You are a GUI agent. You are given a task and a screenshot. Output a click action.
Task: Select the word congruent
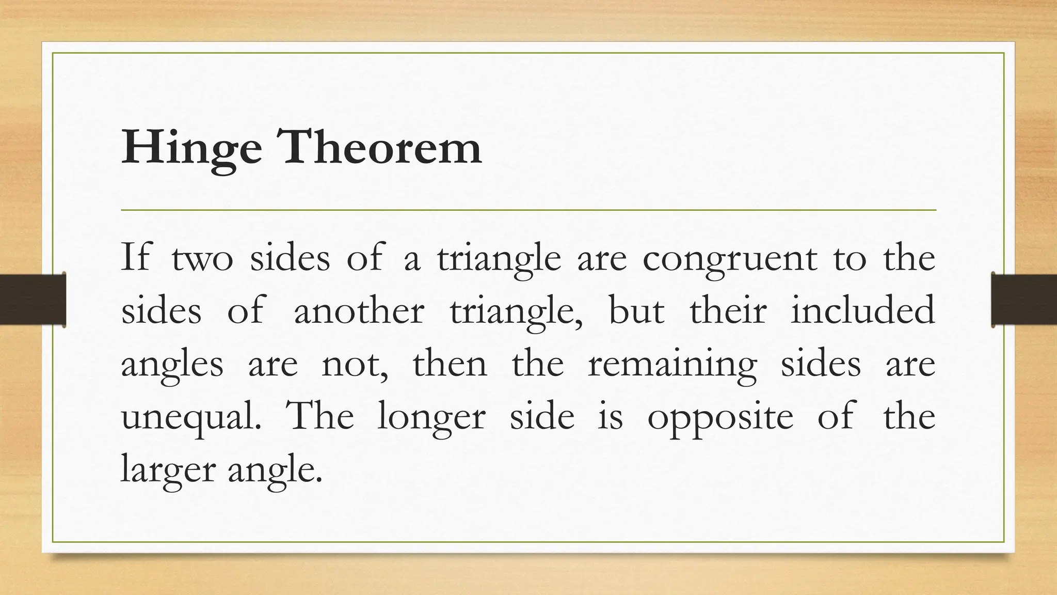(x=730, y=258)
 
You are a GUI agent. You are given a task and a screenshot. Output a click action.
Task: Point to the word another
(x=359, y=311)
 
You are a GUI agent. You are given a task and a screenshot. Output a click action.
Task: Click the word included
(x=862, y=311)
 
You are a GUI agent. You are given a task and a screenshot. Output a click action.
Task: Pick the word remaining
(x=672, y=365)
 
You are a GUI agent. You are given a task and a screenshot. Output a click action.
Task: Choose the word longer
(x=431, y=417)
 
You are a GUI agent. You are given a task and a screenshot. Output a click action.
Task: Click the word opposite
(x=720, y=417)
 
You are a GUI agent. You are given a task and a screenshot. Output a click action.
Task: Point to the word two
(x=202, y=259)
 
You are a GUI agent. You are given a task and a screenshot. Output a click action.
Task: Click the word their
(x=728, y=311)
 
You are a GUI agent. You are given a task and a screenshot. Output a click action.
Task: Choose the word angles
(x=172, y=365)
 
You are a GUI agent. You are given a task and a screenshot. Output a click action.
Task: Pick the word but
(x=636, y=311)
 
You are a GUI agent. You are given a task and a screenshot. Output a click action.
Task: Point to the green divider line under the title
(x=528, y=210)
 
